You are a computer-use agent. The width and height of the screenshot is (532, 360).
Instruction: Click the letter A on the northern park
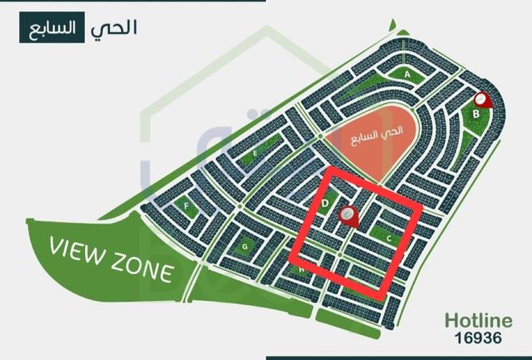click(x=406, y=73)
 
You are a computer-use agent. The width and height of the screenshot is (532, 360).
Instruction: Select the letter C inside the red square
click(x=389, y=237)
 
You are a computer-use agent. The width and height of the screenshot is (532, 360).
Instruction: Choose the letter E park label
click(x=254, y=151)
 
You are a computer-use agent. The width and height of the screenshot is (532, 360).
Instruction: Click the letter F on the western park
click(x=186, y=206)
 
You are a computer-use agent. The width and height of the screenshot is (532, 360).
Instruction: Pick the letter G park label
click(x=245, y=247)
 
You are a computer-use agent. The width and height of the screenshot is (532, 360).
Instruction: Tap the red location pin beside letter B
click(x=482, y=100)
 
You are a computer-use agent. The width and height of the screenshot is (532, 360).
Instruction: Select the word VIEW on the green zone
click(x=84, y=248)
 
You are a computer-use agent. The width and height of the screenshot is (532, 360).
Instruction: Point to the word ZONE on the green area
click(x=143, y=271)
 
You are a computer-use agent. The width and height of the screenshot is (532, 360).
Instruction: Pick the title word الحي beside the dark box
click(x=114, y=27)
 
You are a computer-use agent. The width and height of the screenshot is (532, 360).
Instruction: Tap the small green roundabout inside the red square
click(x=340, y=255)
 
